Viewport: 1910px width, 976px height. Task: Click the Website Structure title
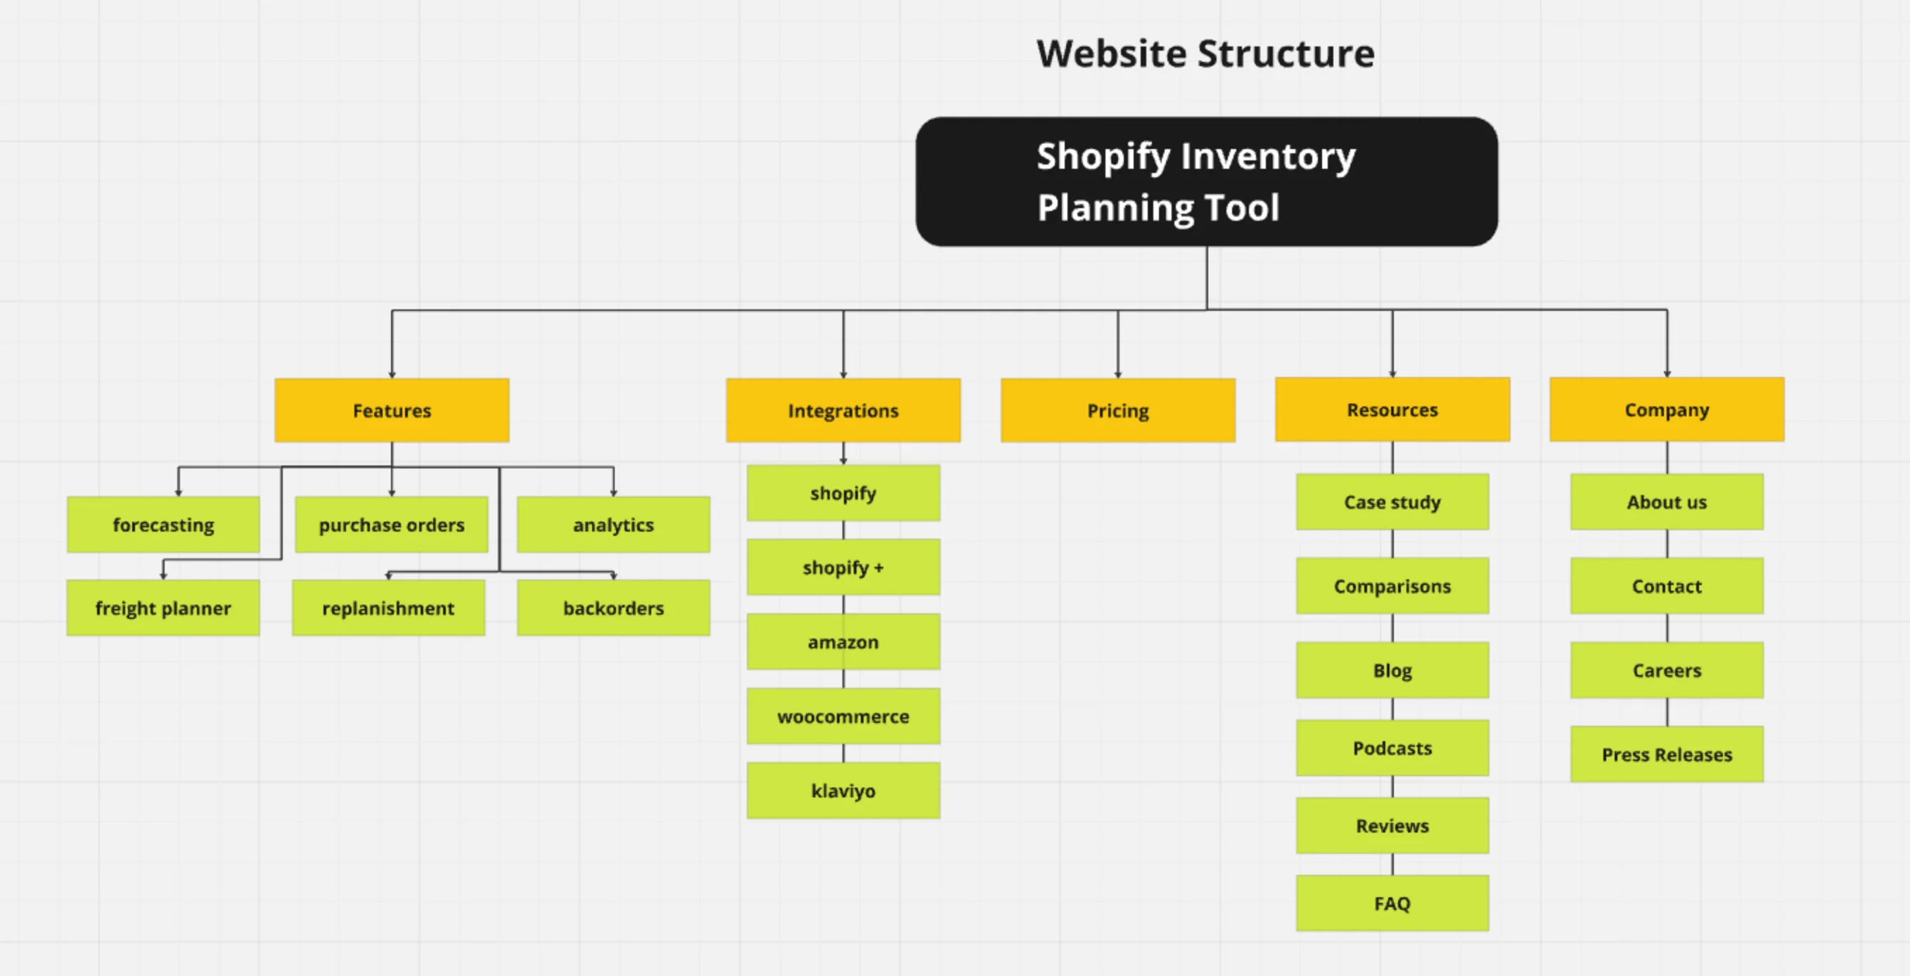(x=1205, y=53)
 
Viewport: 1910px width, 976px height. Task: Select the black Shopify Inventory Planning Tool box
(x=1206, y=181)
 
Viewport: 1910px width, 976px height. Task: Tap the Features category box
(x=392, y=411)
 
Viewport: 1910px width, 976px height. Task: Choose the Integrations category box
(x=843, y=411)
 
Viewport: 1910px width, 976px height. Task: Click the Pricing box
(x=1117, y=411)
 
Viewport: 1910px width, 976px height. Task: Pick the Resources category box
(x=1392, y=410)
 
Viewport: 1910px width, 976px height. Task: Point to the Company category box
(x=1666, y=410)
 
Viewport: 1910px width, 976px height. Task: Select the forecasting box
(x=163, y=525)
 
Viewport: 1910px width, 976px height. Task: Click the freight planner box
(x=163, y=608)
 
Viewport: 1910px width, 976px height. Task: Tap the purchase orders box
(x=392, y=525)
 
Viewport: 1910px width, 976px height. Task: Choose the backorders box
(x=613, y=608)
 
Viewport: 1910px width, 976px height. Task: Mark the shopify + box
(x=843, y=567)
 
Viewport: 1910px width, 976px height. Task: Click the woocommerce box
(x=843, y=717)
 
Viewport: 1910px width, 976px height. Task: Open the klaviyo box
(x=843, y=790)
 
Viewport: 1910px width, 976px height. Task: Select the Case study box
(x=1392, y=502)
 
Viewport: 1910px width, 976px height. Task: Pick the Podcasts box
(x=1392, y=748)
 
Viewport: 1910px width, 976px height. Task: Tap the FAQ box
(x=1392, y=904)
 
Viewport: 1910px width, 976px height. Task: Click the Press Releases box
(x=1666, y=755)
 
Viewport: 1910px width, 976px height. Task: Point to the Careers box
(x=1666, y=670)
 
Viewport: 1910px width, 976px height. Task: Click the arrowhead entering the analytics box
(x=613, y=492)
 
